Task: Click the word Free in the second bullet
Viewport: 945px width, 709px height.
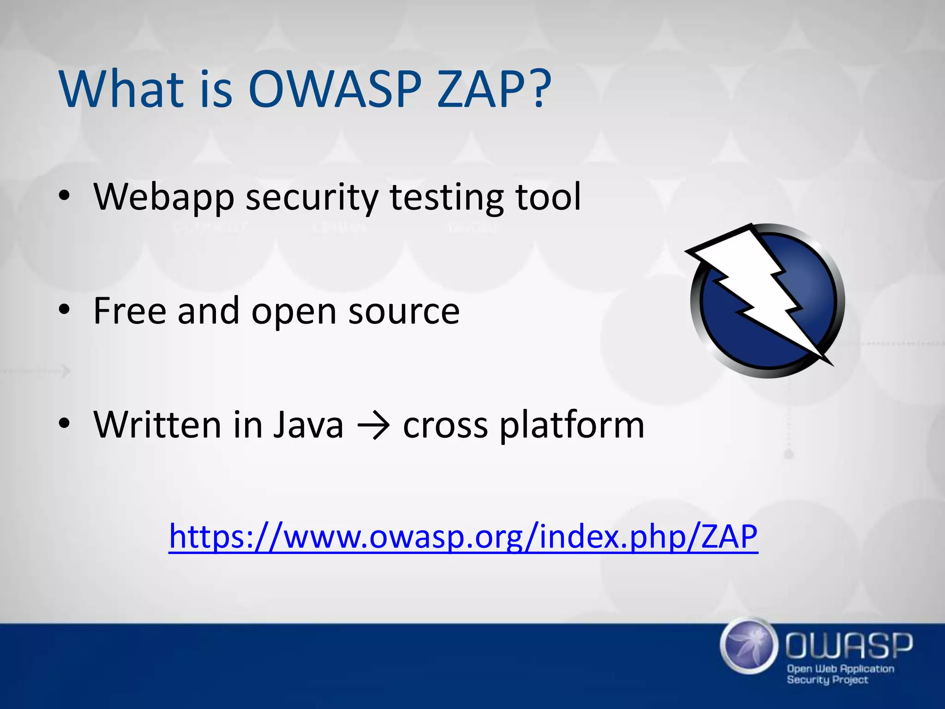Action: pyautogui.click(x=130, y=311)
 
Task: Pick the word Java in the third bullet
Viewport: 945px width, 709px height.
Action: pyautogui.click(x=308, y=425)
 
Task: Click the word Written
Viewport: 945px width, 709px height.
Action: pyautogui.click(x=157, y=425)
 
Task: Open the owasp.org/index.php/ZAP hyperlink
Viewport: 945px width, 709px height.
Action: pyautogui.click(x=463, y=537)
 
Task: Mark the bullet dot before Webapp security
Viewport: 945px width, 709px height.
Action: pyautogui.click(x=64, y=196)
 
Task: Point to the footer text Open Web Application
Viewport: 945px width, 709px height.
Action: pyautogui.click(x=840, y=668)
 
